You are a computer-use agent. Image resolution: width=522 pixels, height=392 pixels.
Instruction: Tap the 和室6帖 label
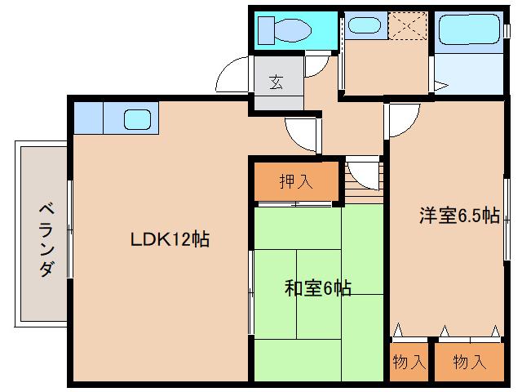pos(318,287)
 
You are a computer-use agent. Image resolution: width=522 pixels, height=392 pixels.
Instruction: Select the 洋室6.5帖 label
pos(459,216)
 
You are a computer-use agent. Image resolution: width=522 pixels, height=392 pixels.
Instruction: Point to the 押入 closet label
pos(295,181)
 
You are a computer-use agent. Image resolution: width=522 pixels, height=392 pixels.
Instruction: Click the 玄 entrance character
pos(276,82)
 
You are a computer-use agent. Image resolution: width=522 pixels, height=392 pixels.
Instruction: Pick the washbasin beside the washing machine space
pos(362,25)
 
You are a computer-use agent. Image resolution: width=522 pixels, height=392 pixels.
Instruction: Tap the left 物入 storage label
pos(408,361)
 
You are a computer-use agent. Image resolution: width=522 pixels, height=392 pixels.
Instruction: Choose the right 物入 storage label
pos(469,361)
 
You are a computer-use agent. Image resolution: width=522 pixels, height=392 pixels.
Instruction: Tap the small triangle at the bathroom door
pos(440,83)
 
